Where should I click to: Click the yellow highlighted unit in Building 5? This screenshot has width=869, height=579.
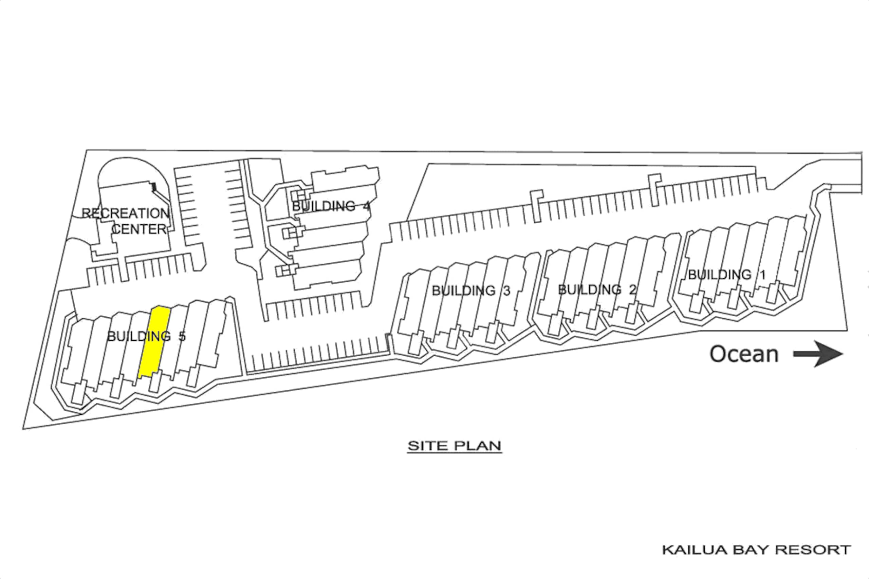[154, 341]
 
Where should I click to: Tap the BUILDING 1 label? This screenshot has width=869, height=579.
[726, 275]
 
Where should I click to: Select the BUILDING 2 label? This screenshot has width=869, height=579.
[597, 289]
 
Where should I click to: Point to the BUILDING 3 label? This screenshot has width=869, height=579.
[471, 291]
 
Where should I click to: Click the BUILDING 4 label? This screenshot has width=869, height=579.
[331, 206]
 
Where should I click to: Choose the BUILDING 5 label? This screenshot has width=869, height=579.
[146, 336]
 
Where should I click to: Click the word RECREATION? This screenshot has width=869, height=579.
[126, 213]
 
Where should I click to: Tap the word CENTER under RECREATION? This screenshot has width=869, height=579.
[139, 229]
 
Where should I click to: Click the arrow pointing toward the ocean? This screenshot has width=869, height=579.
[818, 354]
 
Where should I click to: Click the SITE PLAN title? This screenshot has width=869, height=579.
[454, 446]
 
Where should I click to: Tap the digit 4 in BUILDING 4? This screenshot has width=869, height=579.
[366, 206]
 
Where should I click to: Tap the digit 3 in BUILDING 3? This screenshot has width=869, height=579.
[507, 291]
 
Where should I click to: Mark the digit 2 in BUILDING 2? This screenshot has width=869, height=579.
[633, 289]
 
